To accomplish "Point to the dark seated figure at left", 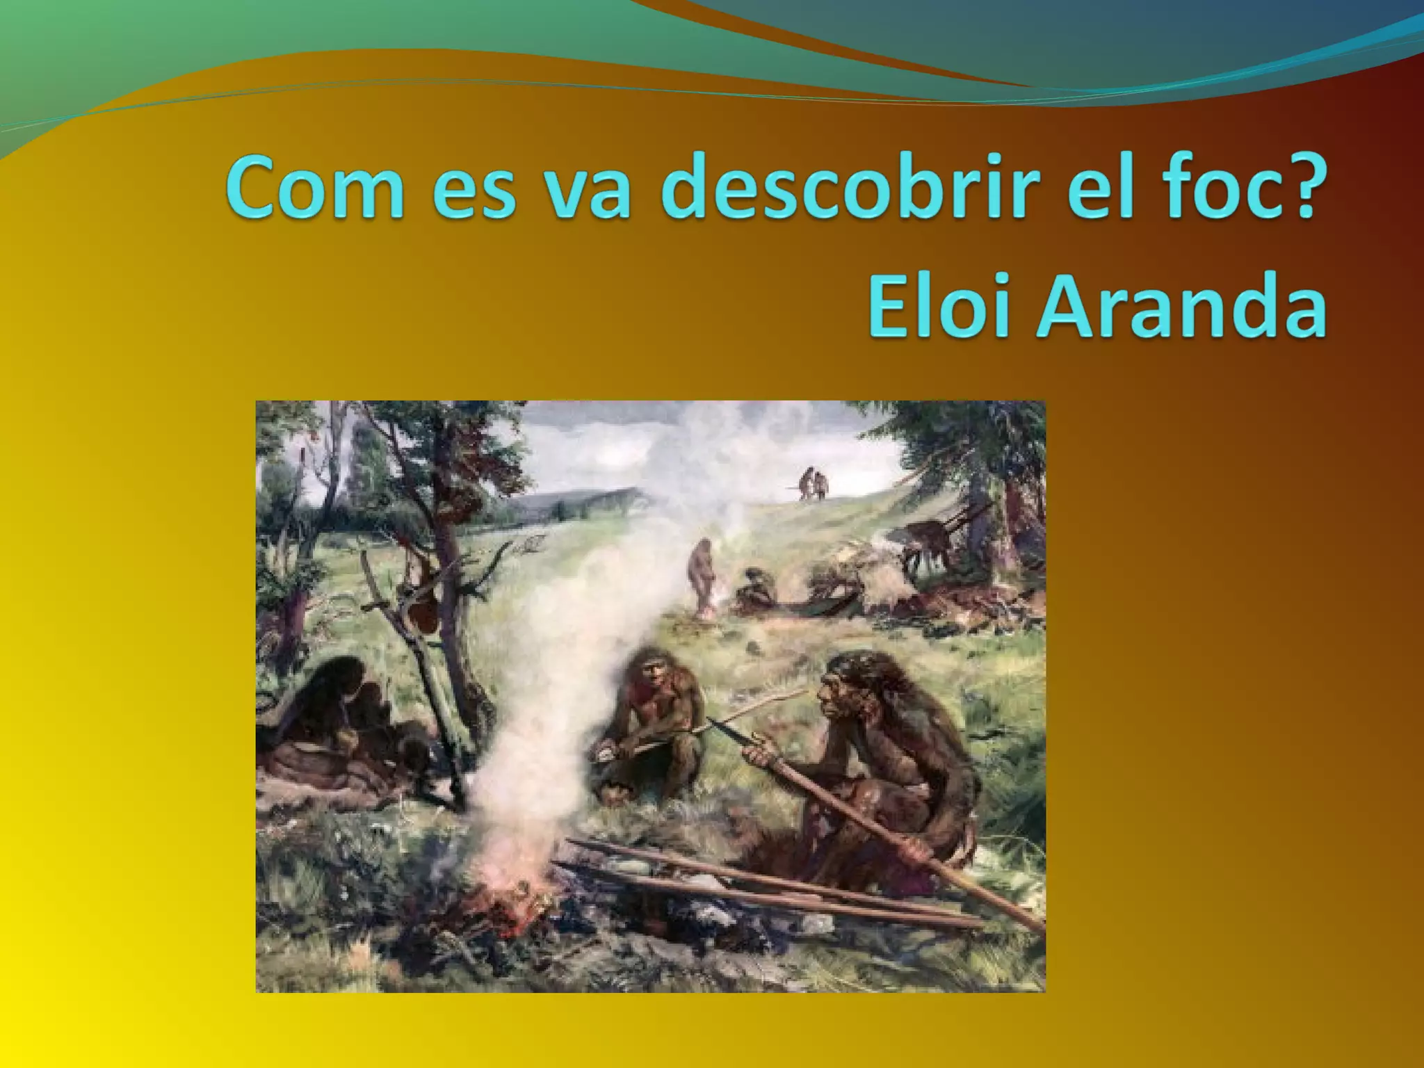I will [334, 723].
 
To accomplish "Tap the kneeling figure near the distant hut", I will [754, 601].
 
